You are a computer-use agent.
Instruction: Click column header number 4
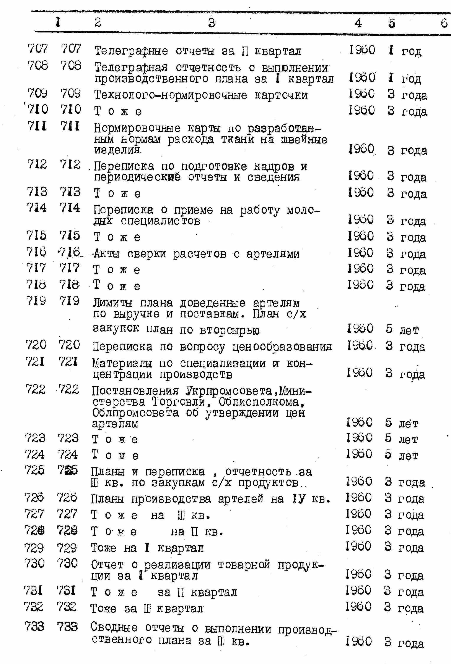[x=358, y=23]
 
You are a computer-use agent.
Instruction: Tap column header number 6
[x=444, y=23]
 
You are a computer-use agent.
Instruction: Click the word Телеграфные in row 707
[x=131, y=51]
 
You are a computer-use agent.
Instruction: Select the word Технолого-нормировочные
[x=171, y=95]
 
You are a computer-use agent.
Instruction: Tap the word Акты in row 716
[x=106, y=254]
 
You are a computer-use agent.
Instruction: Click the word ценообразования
[x=282, y=347]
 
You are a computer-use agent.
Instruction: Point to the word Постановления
[x=135, y=391]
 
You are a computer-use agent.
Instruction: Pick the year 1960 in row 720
[x=360, y=346]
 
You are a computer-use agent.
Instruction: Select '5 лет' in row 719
[x=402, y=329]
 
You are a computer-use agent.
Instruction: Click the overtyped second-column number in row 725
[x=68, y=470]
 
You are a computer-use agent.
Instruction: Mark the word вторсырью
[x=230, y=330]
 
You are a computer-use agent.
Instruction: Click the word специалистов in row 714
[x=160, y=221]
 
